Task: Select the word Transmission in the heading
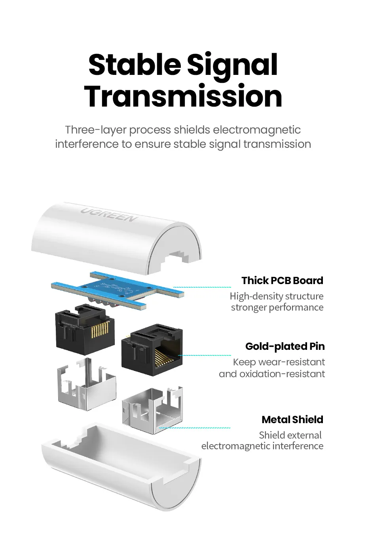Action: pyautogui.click(x=183, y=96)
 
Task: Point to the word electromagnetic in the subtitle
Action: pyautogui.click(x=257, y=130)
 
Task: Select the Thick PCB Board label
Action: pyautogui.click(x=282, y=281)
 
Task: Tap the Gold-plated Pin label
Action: pyautogui.click(x=285, y=346)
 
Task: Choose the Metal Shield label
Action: pyautogui.click(x=292, y=420)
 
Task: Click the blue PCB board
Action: pyautogui.click(x=119, y=289)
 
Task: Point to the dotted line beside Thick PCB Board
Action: pyautogui.click(x=202, y=287)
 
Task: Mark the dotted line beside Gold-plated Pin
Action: pyautogui.click(x=206, y=355)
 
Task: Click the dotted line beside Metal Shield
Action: pyautogui.click(x=195, y=428)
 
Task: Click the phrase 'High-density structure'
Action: pyautogui.click(x=276, y=296)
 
